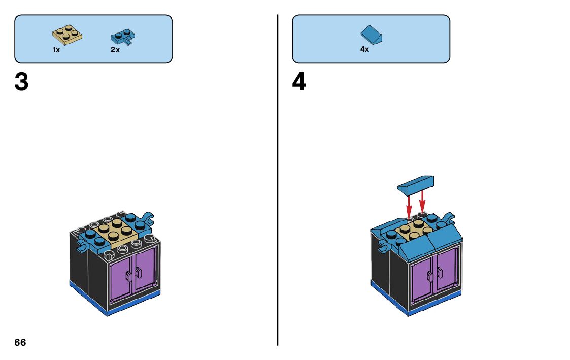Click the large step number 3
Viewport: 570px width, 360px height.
[21, 82]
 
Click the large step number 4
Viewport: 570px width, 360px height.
[299, 82]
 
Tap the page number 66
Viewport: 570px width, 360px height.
[20, 342]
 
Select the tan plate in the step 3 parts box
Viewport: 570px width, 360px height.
[68, 35]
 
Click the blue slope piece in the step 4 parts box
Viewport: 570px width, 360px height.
[372, 35]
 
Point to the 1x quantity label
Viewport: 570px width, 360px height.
[56, 50]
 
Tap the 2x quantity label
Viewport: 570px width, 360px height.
[115, 50]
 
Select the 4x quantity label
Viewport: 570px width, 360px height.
[364, 50]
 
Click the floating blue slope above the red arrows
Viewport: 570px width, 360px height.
[416, 184]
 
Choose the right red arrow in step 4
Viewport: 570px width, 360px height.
[422, 203]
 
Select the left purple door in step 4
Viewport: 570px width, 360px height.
[422, 282]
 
